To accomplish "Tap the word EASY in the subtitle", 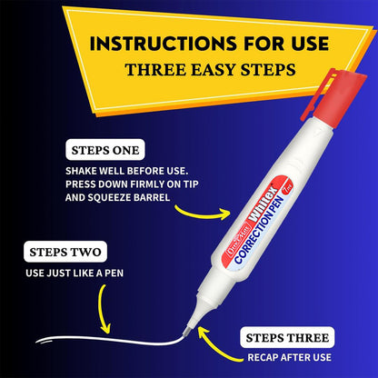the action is pos(214,70).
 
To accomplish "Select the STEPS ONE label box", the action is pos(105,150).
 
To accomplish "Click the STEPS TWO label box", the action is pos(65,252).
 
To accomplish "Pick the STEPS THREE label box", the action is pos(287,337).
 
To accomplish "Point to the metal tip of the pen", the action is pos(188,330).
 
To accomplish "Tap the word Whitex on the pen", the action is pos(263,204).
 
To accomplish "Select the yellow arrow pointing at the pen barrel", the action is pos(204,214).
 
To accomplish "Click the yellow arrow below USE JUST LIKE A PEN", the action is pos(102,309).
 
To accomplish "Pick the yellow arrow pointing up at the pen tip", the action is pos(216,347).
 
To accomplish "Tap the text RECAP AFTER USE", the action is pos(289,357).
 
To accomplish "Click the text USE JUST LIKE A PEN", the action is pos(75,274).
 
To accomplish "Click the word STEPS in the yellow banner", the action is pos(268,70).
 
